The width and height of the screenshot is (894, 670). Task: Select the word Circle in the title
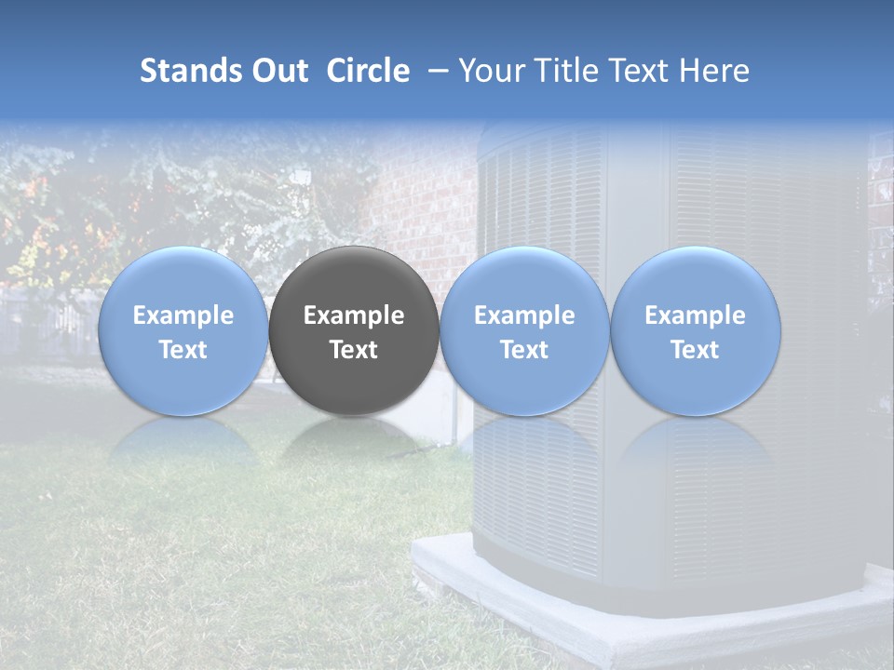pos(368,71)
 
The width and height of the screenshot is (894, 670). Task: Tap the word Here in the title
pos(714,71)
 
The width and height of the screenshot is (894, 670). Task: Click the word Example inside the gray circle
pos(354,315)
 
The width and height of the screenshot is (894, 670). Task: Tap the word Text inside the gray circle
pos(354,350)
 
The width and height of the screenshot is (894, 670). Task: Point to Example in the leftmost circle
pos(183,315)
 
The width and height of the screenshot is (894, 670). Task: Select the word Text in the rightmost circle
pos(696,350)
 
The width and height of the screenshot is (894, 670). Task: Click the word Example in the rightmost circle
pos(696,315)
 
